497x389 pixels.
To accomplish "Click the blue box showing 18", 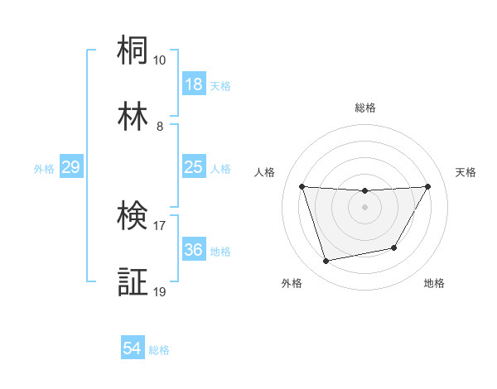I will coord(193,84).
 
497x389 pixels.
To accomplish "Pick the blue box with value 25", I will coord(193,167).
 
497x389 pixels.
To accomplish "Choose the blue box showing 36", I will coord(193,250).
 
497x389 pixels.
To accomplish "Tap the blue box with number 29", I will coord(70,167).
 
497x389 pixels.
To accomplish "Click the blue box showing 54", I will coord(132,349).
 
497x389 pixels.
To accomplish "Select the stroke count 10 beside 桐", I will coord(160,60).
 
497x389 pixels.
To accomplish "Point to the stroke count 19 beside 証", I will coord(160,291).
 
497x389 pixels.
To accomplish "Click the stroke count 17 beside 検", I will coord(160,225).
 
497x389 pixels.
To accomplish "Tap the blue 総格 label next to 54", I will coord(159,350).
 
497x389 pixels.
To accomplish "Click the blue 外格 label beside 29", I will coord(44,169).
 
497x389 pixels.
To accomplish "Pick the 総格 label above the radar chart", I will coord(365,108).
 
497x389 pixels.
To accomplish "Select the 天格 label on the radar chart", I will coord(466,172).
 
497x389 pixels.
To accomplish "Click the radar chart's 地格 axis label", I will coord(434,283).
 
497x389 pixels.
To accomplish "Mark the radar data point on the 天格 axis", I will coord(428,186).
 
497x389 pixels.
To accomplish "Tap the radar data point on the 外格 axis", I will coord(326,261).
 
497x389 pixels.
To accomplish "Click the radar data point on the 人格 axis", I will coord(302,186).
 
